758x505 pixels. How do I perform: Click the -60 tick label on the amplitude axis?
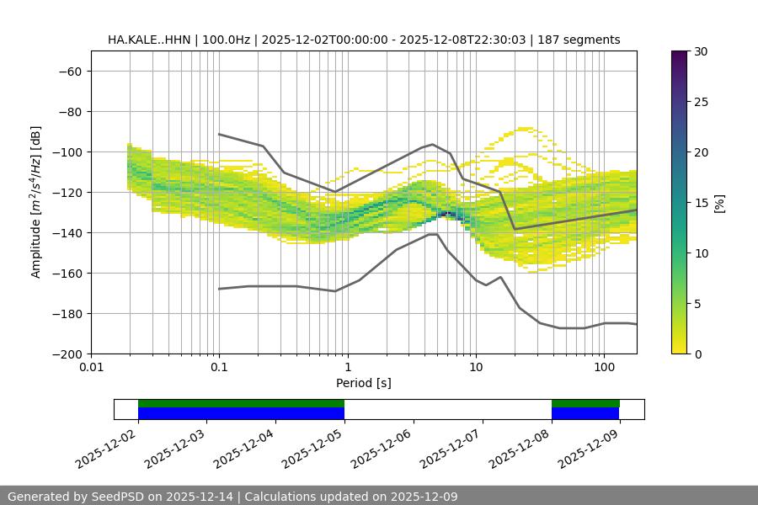[68, 72]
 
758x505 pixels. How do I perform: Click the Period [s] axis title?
[364, 383]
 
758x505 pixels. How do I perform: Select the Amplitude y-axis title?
[36, 202]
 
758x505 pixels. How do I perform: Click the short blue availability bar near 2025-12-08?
[585, 413]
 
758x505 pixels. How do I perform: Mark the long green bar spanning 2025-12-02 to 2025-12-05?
[241, 403]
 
